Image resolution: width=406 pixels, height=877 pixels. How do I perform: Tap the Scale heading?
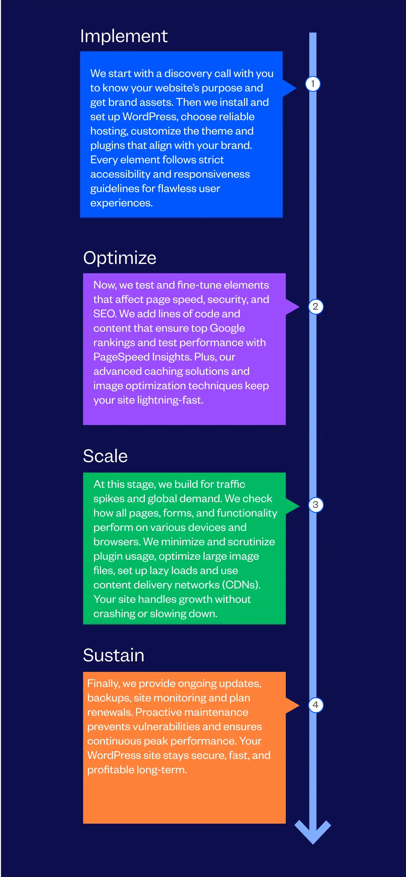click(x=105, y=456)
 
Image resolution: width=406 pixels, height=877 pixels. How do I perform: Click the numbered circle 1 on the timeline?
click(x=313, y=84)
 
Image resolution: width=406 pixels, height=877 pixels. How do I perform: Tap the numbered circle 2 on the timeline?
click(x=315, y=306)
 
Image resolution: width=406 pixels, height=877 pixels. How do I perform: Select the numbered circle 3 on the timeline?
click(x=315, y=504)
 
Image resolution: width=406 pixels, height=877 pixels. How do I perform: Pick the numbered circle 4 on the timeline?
click(x=315, y=705)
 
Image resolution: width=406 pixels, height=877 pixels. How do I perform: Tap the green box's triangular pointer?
click(x=292, y=506)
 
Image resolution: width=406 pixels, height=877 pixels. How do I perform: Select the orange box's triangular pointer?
click(x=292, y=706)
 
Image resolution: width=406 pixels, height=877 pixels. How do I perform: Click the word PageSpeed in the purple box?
click(x=122, y=357)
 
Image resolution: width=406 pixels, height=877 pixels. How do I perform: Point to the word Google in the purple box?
click(x=227, y=328)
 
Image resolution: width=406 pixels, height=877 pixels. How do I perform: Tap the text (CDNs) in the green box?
click(x=241, y=585)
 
